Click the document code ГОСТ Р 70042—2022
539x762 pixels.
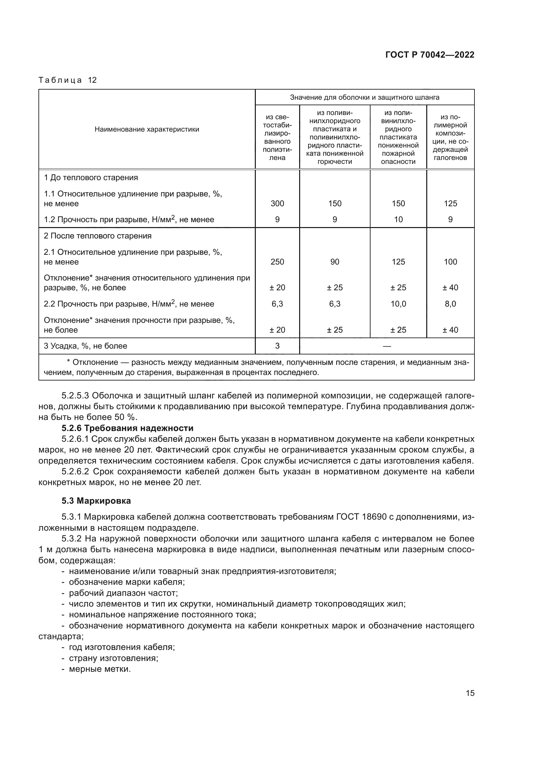click(430, 55)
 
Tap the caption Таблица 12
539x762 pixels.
click(67, 80)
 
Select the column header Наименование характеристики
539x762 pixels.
click(147, 129)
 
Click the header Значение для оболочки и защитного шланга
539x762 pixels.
click(364, 97)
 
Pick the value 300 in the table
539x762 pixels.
click(277, 203)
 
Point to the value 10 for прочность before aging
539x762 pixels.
click(398, 219)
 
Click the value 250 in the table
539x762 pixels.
click(277, 262)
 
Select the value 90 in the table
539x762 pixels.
click(335, 262)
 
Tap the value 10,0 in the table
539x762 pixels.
click(398, 304)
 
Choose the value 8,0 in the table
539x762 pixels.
click(450, 304)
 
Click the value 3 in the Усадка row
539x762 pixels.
click(277, 346)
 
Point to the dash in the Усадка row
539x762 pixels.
click(387, 346)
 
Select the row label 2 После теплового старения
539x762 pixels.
click(97, 236)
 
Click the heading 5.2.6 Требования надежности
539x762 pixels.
click(127, 428)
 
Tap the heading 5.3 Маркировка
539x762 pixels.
click(96, 501)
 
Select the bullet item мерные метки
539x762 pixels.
click(100, 669)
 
